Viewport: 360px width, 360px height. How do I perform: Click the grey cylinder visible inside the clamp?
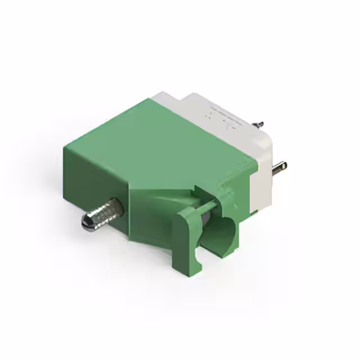[x=206, y=217]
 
